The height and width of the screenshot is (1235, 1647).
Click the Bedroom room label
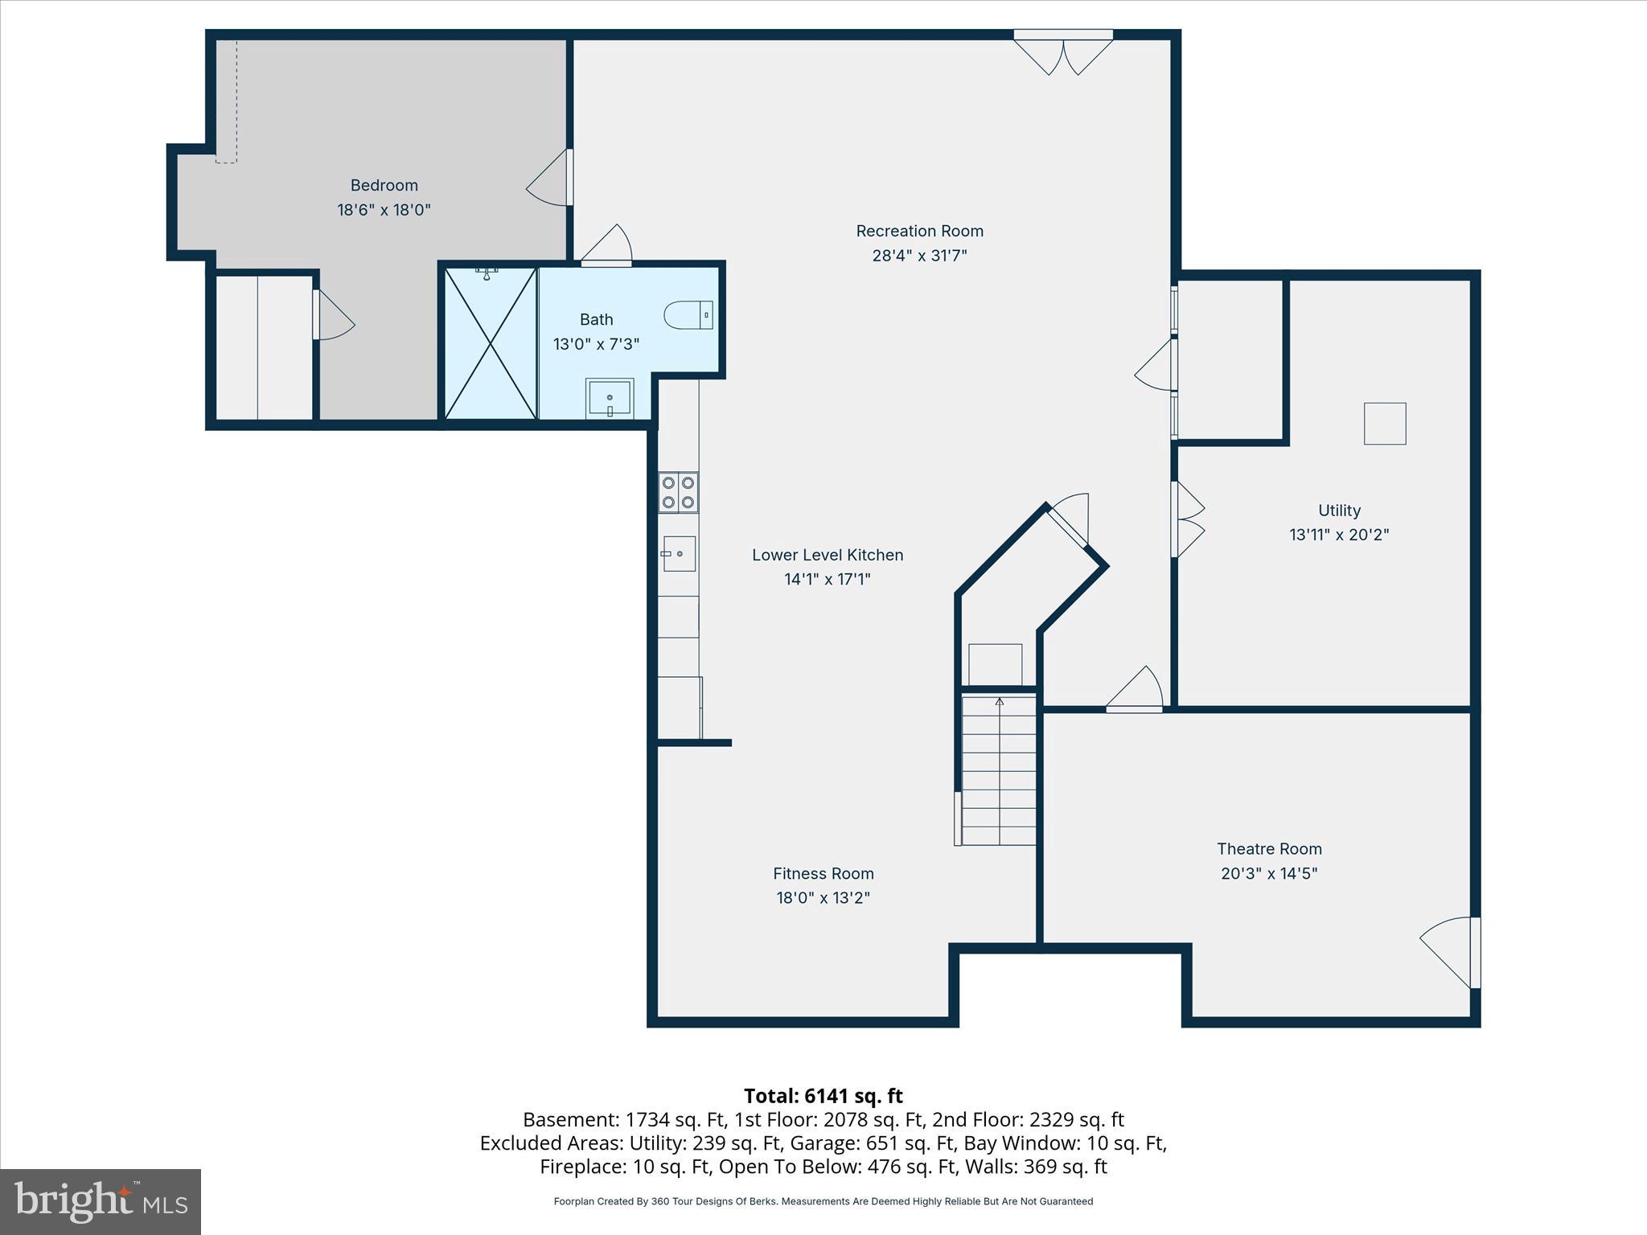384,185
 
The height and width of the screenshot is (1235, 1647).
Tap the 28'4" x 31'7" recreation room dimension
919,256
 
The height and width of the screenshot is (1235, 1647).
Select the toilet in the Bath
688,314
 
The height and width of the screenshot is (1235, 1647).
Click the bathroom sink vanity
610,398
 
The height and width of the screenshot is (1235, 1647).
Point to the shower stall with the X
491,343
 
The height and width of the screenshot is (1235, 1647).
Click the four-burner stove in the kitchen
678,492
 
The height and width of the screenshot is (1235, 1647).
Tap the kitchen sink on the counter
678,553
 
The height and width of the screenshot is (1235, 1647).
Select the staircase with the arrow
999,770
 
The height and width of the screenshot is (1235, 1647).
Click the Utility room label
1339,510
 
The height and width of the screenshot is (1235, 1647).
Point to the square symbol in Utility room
1385,424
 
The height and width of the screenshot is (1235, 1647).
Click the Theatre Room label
1269,848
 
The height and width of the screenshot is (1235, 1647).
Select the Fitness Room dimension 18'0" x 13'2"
823,897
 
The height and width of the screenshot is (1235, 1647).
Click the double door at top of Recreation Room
1063,52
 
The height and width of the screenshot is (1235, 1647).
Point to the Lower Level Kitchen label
828,555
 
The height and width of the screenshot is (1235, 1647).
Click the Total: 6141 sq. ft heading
823,1096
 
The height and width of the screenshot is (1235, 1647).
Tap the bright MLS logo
101,1202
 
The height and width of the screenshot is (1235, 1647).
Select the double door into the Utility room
1187,519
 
